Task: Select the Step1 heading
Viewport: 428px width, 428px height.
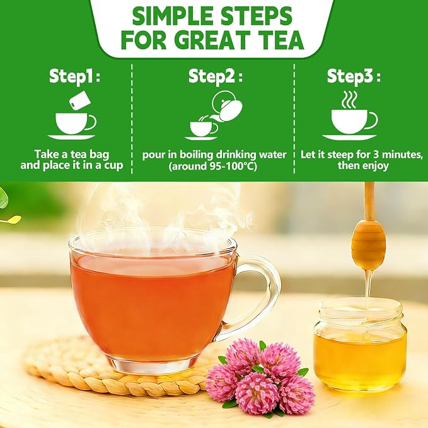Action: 74,76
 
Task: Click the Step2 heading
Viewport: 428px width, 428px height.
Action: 216,76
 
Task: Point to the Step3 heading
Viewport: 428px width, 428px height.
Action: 354,76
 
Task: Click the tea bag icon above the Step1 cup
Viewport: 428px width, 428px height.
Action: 79,100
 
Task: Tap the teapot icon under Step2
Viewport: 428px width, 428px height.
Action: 227,106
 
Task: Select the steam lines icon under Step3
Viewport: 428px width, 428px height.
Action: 349,100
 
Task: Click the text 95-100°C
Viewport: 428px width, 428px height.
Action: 233,166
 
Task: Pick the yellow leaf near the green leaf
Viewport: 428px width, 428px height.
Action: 12,219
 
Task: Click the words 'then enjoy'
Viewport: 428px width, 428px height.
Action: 363,166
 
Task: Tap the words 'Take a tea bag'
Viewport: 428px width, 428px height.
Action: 72,154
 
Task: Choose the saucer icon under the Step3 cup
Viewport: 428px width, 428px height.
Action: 349,137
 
